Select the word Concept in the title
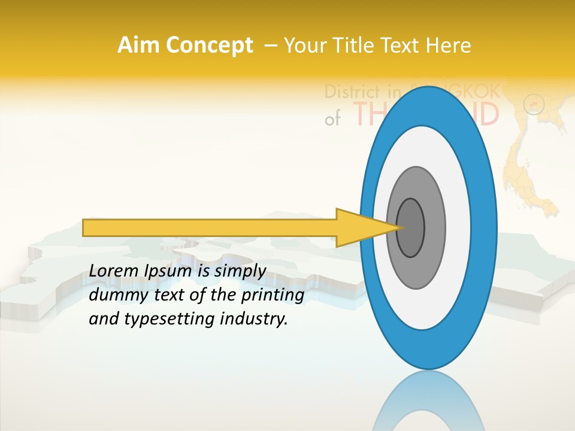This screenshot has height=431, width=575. pos(209,45)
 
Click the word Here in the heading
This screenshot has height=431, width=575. pos(449,45)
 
